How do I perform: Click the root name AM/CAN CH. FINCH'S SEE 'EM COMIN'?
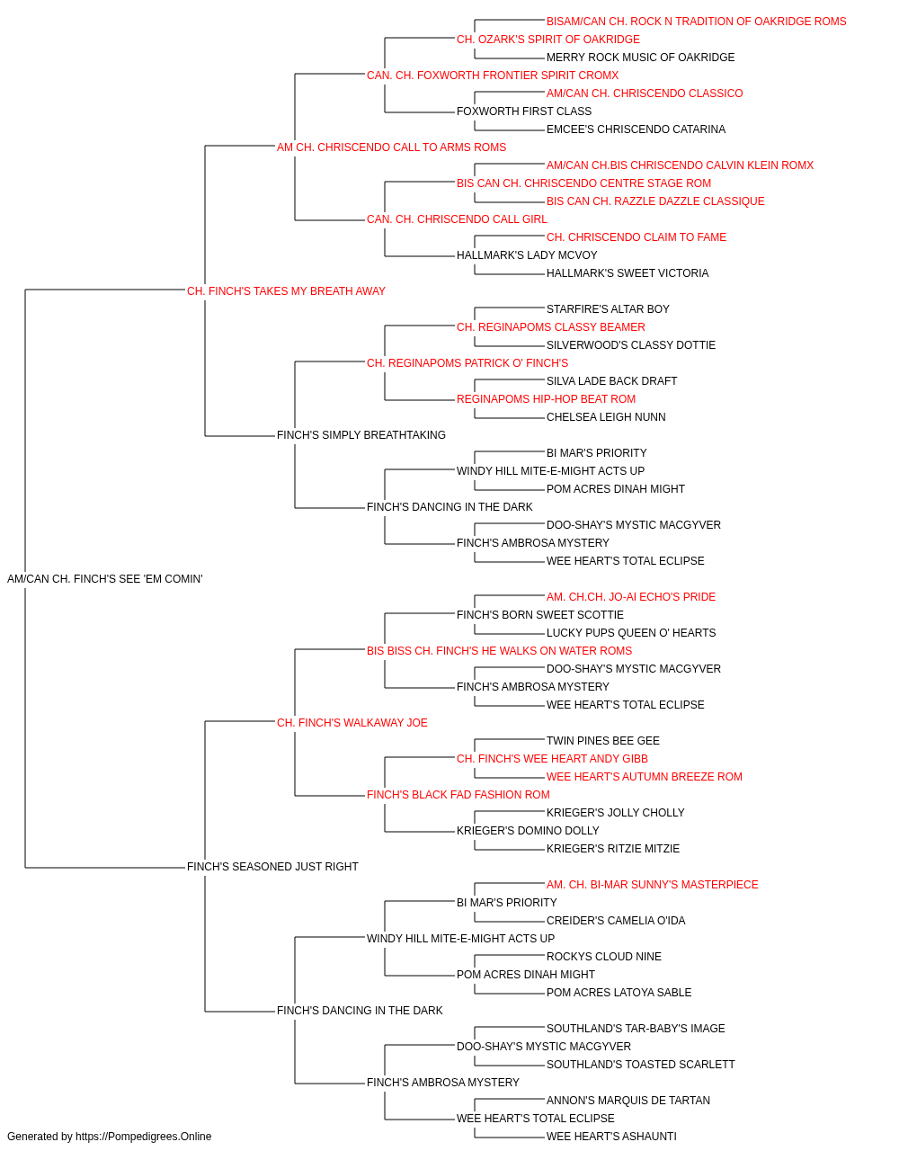(x=105, y=579)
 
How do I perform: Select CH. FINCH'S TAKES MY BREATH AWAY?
(x=286, y=291)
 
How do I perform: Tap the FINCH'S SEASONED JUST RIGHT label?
(x=272, y=867)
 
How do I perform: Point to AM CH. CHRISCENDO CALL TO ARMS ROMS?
(x=391, y=147)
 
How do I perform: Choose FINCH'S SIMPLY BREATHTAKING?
(x=361, y=435)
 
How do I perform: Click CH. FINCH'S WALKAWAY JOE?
(x=352, y=722)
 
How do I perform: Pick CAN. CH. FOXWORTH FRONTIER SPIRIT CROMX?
(x=493, y=76)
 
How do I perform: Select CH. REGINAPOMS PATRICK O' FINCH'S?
(x=467, y=362)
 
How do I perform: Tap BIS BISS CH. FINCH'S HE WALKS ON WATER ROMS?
(x=499, y=650)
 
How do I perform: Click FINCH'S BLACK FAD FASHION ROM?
(x=458, y=795)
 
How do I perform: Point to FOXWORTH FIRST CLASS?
(x=524, y=112)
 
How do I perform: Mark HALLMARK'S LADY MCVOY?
(x=527, y=255)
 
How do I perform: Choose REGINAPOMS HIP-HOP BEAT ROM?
(x=546, y=399)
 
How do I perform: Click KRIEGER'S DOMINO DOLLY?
(x=528, y=831)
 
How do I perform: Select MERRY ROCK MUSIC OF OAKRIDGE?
(x=641, y=58)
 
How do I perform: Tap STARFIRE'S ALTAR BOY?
(x=608, y=308)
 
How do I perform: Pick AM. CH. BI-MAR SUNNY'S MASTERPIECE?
(x=653, y=885)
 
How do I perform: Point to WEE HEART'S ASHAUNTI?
(x=611, y=1137)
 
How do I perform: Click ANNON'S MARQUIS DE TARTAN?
(x=628, y=1100)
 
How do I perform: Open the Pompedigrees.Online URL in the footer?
(x=144, y=1137)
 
